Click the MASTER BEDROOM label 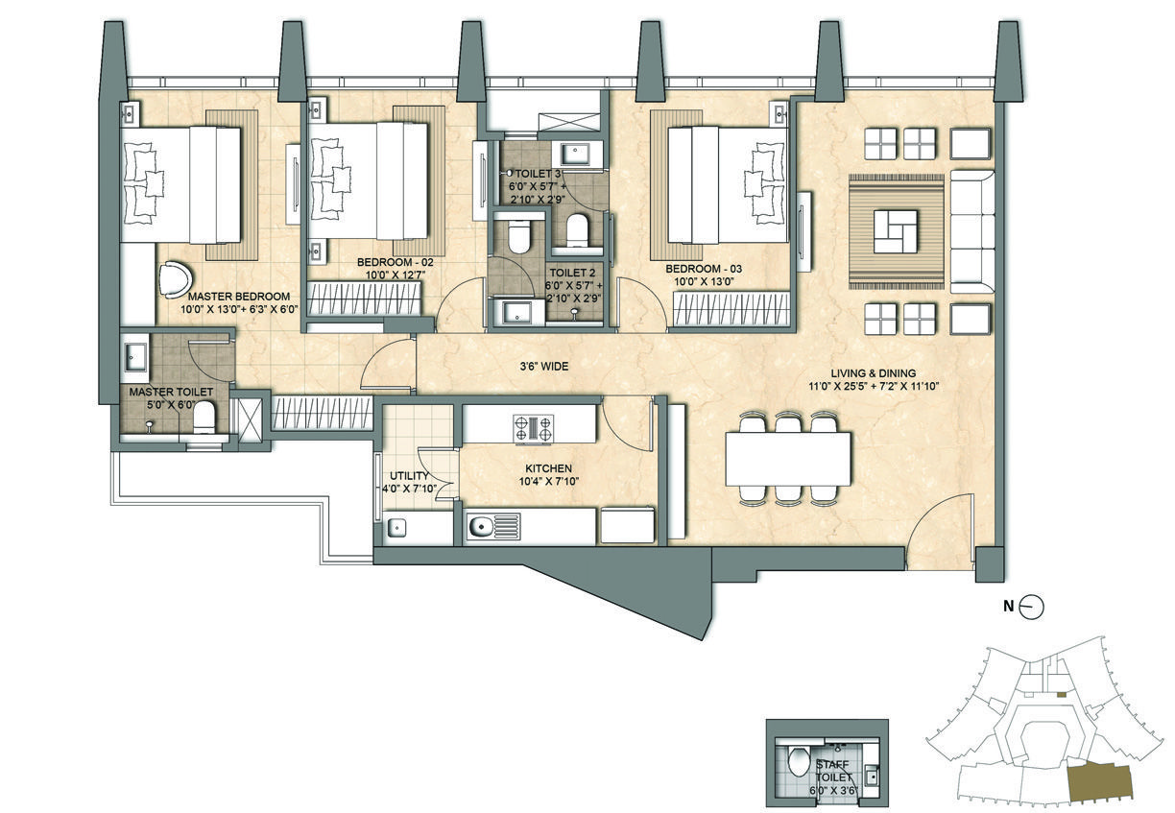pyautogui.click(x=239, y=297)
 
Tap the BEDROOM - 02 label pyautogui.click(x=395, y=262)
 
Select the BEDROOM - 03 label pyautogui.click(x=704, y=269)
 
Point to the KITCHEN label pyautogui.click(x=549, y=468)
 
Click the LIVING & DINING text pyautogui.click(x=873, y=373)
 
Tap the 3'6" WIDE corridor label pyautogui.click(x=544, y=367)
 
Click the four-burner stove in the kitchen pyautogui.click(x=534, y=428)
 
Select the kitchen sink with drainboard pyautogui.click(x=493, y=527)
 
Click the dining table pyautogui.click(x=788, y=459)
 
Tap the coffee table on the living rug pyautogui.click(x=896, y=231)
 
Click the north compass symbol pyautogui.click(x=1031, y=607)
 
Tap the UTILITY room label pyautogui.click(x=409, y=476)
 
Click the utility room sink pyautogui.click(x=397, y=527)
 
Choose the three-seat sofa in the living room pyautogui.click(x=972, y=231)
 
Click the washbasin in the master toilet pyautogui.click(x=136, y=357)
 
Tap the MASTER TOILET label pyautogui.click(x=171, y=392)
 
